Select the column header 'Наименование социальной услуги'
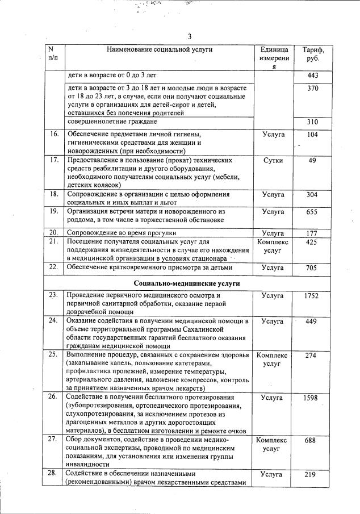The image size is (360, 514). pyautogui.click(x=160, y=50)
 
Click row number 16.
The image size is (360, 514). pyautogui.click(x=55, y=135)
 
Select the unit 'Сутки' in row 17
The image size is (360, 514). pyautogui.click(x=273, y=160)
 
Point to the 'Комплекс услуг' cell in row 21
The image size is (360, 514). pyautogui.click(x=273, y=246)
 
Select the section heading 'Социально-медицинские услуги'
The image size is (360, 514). pyautogui.click(x=187, y=283)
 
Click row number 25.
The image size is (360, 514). pyautogui.click(x=55, y=356)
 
